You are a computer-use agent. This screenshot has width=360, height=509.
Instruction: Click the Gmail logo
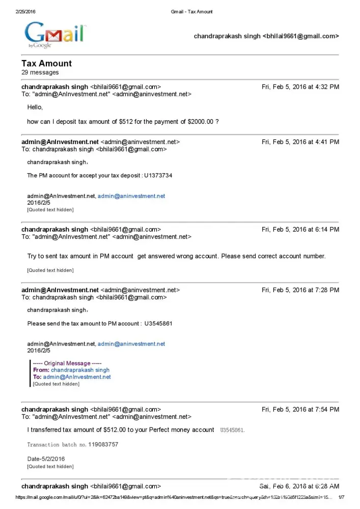pos(56,34)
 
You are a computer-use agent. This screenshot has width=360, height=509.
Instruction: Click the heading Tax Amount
pos(46,64)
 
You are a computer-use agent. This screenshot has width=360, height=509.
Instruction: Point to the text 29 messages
pos(40,73)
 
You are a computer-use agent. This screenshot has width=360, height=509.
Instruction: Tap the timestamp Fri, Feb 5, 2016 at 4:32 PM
pos(300,87)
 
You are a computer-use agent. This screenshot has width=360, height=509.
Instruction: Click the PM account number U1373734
pos(158,175)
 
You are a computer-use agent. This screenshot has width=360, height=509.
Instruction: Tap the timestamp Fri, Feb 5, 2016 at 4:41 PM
pos(300,142)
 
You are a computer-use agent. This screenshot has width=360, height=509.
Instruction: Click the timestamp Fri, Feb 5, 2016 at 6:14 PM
pos(300,230)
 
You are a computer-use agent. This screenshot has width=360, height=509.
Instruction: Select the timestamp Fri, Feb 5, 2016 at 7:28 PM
pos(300,290)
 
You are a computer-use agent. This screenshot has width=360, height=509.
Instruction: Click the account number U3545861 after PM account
pos(158,323)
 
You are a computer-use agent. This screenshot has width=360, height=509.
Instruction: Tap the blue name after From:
pos(80,370)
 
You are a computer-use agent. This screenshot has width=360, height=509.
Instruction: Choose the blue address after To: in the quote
pos(77,377)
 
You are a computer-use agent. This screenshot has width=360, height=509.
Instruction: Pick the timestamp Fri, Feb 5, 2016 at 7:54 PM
pos(300,409)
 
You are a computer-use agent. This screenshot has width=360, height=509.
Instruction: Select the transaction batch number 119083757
pos(103,444)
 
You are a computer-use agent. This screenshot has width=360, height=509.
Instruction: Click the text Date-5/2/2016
pos(46,459)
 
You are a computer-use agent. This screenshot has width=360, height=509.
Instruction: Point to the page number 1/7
pos(341,497)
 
